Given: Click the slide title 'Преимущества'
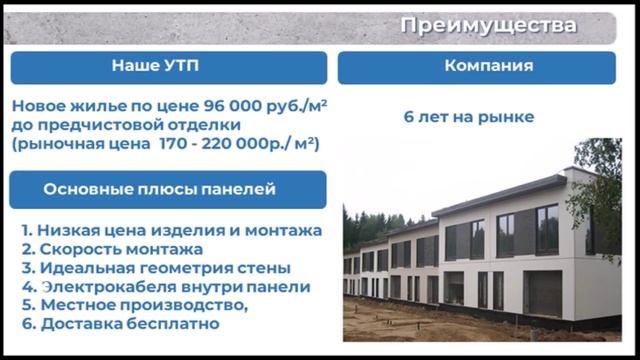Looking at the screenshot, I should pyautogui.click(x=488, y=25).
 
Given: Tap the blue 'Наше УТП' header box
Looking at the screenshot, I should pyautogui.click(x=168, y=67).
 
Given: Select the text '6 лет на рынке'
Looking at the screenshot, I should pyautogui.click(x=469, y=117).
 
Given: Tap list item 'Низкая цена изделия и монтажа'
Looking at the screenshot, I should pyautogui.click(x=180, y=230).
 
